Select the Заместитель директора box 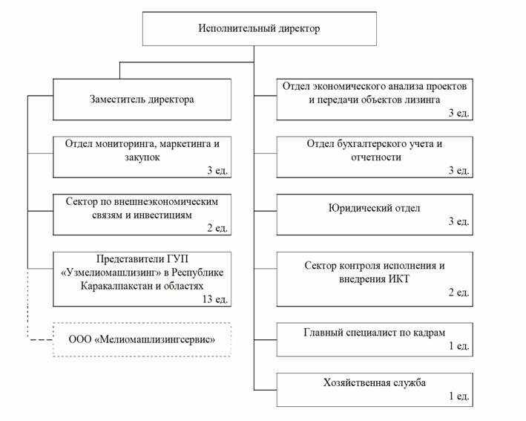click(x=142, y=99)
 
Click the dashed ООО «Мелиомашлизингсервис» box click(x=142, y=340)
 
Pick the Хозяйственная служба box click(x=375, y=389)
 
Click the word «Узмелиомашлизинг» click(x=105, y=272)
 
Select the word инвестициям click(x=160, y=215)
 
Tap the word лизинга click(x=424, y=99)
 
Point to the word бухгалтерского click(x=369, y=143)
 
